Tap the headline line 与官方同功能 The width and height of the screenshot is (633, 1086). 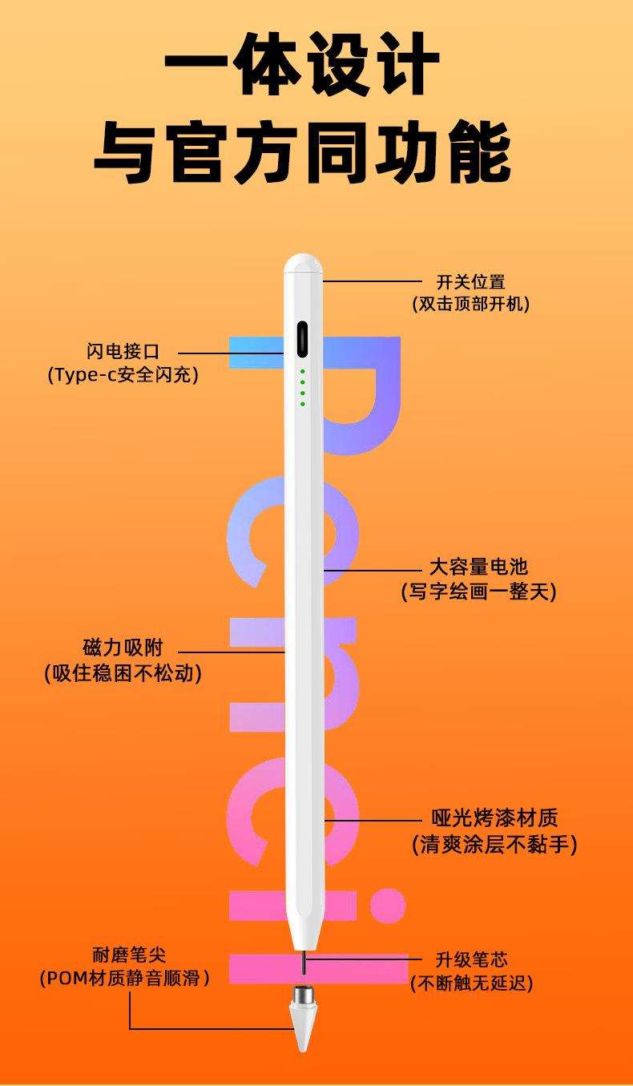303,151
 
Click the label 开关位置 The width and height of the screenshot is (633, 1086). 470,282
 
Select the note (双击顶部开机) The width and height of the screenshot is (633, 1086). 470,304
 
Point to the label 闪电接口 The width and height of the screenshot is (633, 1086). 123,351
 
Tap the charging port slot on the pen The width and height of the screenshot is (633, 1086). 304,340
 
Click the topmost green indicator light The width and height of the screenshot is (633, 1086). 303,372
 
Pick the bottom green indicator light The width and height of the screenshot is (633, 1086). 303,403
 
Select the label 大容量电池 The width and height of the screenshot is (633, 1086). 478,567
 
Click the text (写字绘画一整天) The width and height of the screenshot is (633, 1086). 478,591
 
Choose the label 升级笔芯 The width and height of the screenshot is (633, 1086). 471,959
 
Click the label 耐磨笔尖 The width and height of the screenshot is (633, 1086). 129,955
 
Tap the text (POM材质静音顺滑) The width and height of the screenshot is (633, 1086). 125,979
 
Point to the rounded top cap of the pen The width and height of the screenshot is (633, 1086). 303,264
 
